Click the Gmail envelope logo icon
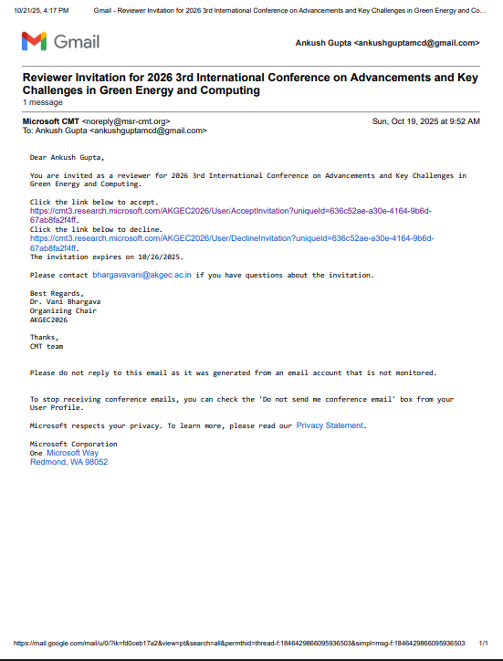[x=34, y=41]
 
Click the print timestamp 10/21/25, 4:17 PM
[x=40, y=10]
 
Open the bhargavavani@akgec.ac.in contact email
[x=141, y=274]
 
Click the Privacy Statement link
[x=330, y=425]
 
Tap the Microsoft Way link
[x=72, y=453]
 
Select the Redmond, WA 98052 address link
[x=68, y=462]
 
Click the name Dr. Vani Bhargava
[x=67, y=301]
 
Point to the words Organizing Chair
[x=63, y=310]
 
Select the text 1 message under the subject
[x=42, y=103]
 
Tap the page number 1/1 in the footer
[x=483, y=643]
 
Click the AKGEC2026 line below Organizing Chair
[x=48, y=320]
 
